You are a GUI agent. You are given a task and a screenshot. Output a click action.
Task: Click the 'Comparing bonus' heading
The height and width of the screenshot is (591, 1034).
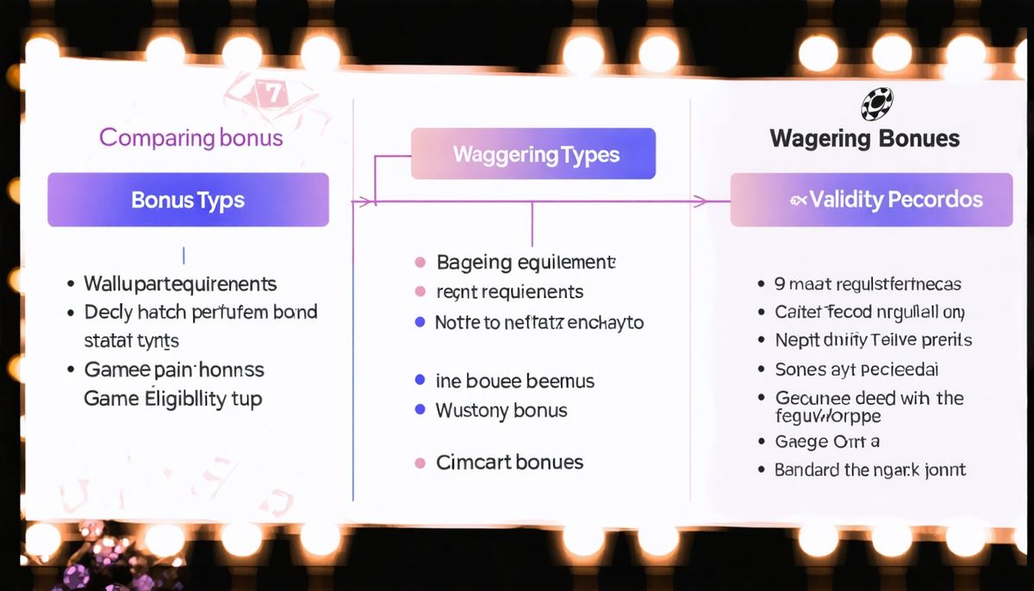190,137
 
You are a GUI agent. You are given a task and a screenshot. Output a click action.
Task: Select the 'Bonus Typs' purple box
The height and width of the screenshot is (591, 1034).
188,200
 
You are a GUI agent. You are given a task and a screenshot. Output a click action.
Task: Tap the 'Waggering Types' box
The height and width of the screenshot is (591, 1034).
534,155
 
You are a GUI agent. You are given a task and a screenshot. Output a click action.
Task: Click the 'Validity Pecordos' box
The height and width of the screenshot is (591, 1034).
871,200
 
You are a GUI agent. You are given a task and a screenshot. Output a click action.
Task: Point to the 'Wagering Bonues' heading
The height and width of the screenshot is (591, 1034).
864,139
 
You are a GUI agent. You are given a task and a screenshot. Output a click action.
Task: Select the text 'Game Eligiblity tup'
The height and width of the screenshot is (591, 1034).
172,399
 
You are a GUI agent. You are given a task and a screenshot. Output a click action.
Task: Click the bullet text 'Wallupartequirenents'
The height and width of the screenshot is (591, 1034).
180,283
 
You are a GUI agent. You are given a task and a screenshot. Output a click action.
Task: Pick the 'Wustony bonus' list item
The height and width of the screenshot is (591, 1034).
501,410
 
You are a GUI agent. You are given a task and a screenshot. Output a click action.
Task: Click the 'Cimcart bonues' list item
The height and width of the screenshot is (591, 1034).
510,463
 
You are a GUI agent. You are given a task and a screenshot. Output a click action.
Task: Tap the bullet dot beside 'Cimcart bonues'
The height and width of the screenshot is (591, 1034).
420,463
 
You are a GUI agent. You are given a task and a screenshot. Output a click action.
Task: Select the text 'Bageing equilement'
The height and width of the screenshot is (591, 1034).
526,262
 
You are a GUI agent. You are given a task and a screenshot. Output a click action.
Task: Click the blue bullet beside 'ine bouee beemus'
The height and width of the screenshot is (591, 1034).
420,380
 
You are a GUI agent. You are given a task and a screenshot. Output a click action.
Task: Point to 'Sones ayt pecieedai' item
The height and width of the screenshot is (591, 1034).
856,370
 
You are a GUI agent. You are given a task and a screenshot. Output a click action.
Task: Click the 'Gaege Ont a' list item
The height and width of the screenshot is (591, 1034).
826,442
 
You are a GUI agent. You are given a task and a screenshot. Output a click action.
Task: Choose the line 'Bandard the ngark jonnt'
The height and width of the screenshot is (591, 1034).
869,470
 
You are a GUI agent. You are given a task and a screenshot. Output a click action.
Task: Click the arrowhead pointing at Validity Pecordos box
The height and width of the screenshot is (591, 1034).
700,201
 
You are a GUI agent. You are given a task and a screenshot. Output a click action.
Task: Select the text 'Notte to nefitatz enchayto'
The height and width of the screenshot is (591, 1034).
539,323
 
